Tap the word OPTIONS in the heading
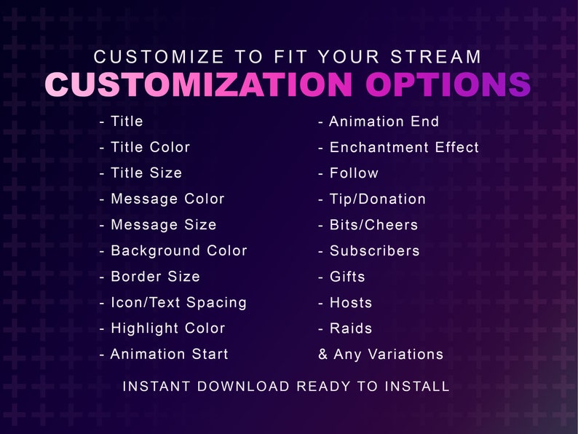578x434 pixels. pyautogui.click(x=448, y=85)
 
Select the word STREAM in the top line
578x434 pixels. pyautogui.click(x=436, y=57)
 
